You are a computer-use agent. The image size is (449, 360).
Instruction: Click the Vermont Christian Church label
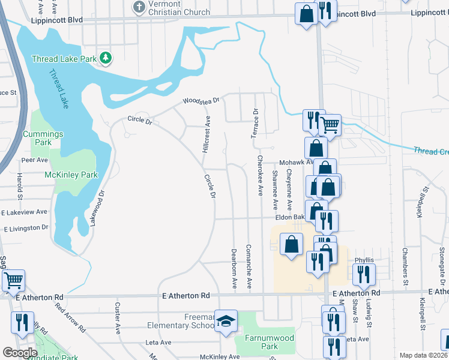coord(179,8)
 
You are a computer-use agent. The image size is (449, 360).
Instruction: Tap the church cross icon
coord(139,7)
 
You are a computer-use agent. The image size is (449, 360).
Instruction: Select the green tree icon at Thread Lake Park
coord(106,58)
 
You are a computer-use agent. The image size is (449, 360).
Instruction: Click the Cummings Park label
coord(43,138)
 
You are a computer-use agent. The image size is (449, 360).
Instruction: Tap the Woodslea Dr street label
coord(202,101)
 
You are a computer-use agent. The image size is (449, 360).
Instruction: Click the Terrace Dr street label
coord(255,123)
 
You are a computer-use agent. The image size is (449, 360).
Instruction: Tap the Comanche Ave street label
coord(249,267)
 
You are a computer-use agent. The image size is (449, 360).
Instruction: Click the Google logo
coord(19,353)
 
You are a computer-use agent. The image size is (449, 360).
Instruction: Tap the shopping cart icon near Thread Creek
coord(329,125)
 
